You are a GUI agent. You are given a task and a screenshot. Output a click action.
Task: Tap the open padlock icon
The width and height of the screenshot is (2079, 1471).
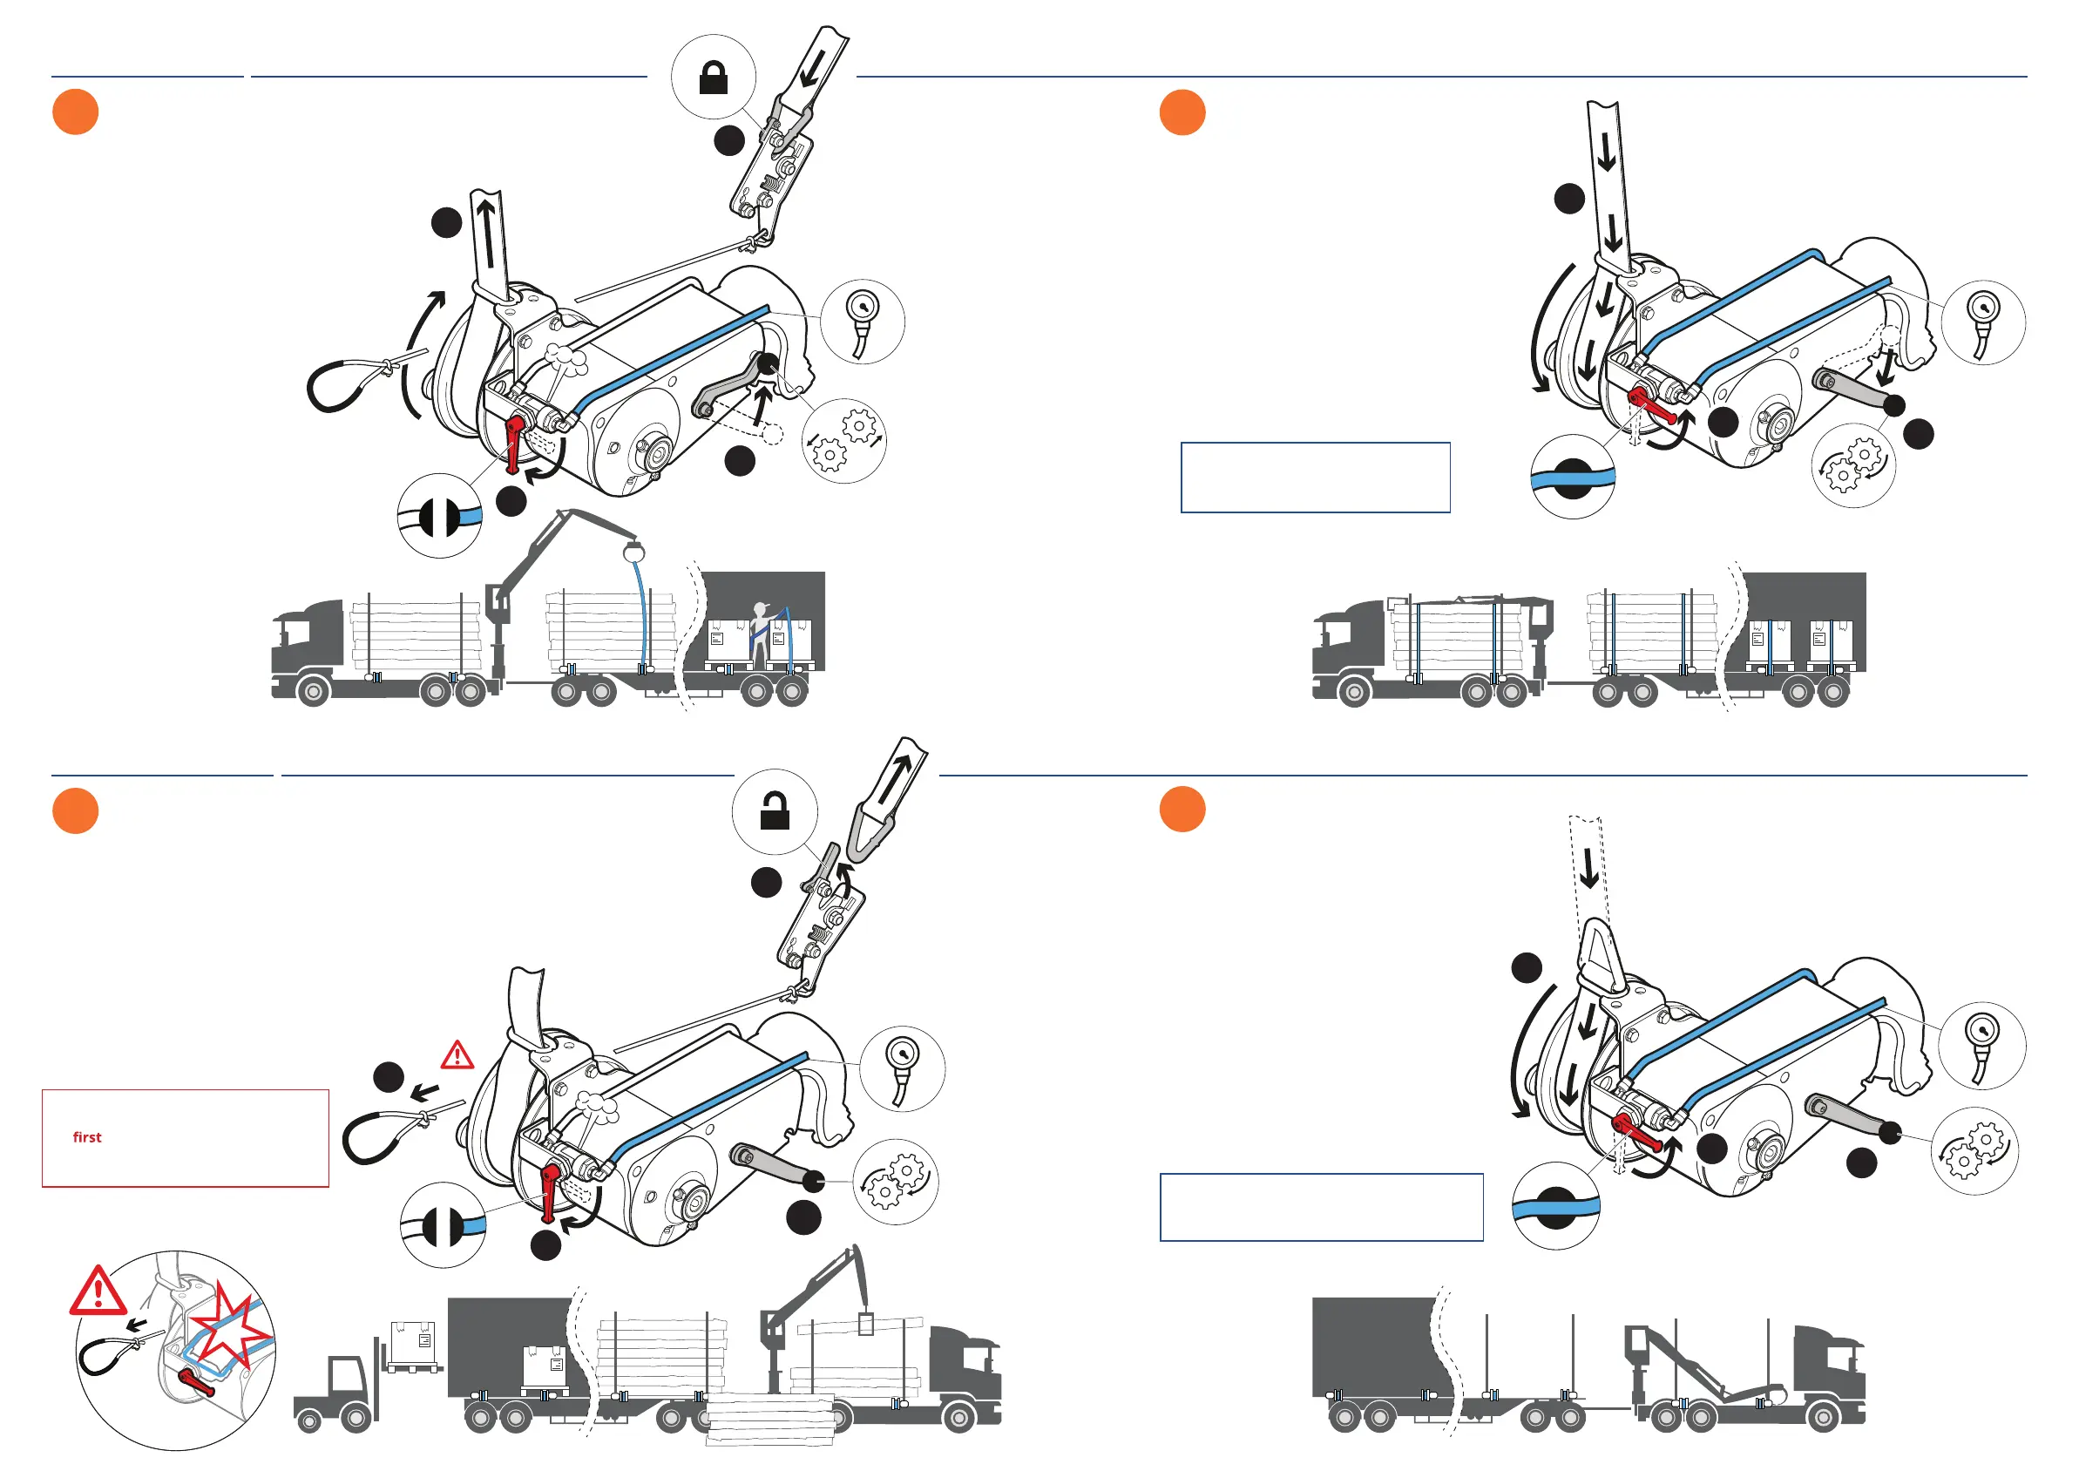[775, 811]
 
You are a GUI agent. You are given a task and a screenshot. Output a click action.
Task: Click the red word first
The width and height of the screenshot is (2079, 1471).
[87, 1137]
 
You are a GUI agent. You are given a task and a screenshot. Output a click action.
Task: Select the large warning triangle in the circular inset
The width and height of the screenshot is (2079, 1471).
[98, 1291]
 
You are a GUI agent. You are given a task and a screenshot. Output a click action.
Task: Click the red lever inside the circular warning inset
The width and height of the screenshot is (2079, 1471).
[197, 1382]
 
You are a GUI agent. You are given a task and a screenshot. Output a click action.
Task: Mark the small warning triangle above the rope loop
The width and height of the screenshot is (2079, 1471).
[457, 1055]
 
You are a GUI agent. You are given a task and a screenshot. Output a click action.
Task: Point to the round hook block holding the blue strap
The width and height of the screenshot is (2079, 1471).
[633, 550]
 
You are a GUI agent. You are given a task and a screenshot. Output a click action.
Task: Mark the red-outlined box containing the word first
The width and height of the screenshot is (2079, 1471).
[186, 1139]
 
